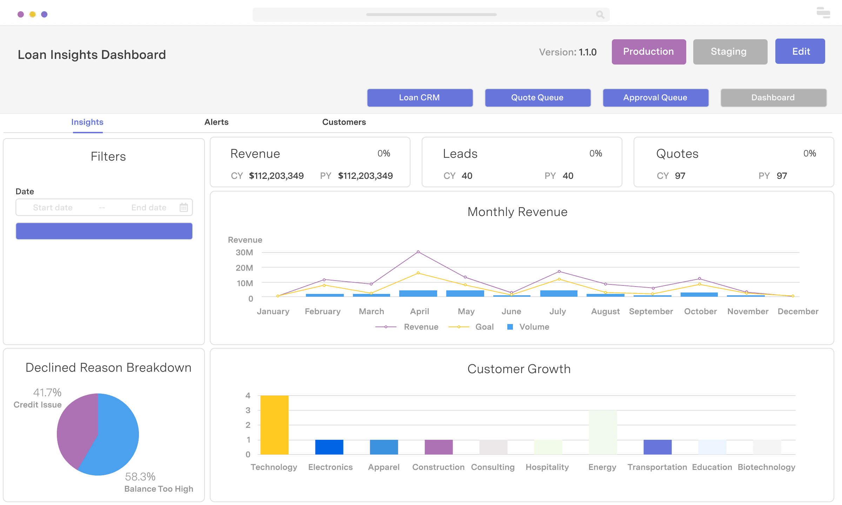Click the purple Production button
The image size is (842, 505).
tap(648, 52)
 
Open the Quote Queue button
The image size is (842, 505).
tap(537, 97)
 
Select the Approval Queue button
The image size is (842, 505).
tap(655, 97)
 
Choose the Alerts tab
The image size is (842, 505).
tap(216, 122)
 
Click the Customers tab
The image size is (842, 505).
tap(344, 122)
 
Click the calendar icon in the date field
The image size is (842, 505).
tap(183, 207)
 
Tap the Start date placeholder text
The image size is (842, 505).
tap(53, 208)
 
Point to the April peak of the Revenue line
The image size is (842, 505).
tap(418, 252)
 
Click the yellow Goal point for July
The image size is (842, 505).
tap(559, 279)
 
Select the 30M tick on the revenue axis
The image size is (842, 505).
tap(244, 252)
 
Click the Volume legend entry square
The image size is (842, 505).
tap(510, 327)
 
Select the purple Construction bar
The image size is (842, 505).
tap(439, 447)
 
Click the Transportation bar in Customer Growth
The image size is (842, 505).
tap(657, 447)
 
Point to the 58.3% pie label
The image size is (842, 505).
tap(140, 477)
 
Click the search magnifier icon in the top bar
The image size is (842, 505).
tap(600, 14)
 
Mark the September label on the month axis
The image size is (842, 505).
tap(651, 311)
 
